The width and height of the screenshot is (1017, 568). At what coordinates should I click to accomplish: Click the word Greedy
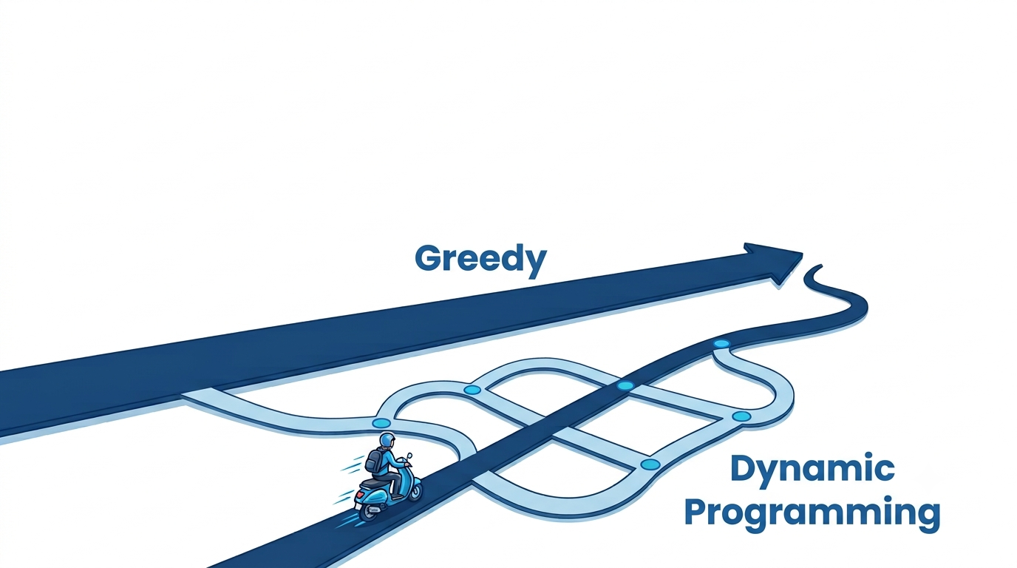(480, 260)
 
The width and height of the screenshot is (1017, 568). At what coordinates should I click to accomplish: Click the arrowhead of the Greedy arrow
(778, 263)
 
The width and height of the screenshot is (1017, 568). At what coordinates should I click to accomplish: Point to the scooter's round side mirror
(409, 455)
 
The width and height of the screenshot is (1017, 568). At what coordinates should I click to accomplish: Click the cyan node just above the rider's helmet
(381, 424)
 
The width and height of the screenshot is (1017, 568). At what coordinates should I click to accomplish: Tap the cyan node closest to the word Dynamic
(650, 464)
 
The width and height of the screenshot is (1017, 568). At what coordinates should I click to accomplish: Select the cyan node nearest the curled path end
(721, 344)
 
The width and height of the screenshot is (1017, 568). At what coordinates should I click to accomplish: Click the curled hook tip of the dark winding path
(819, 267)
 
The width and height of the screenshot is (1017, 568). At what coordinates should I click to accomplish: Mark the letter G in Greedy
(428, 258)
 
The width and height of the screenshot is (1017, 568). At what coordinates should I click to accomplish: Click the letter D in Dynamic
(744, 468)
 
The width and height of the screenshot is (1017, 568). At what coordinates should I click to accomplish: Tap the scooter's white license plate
(358, 506)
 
